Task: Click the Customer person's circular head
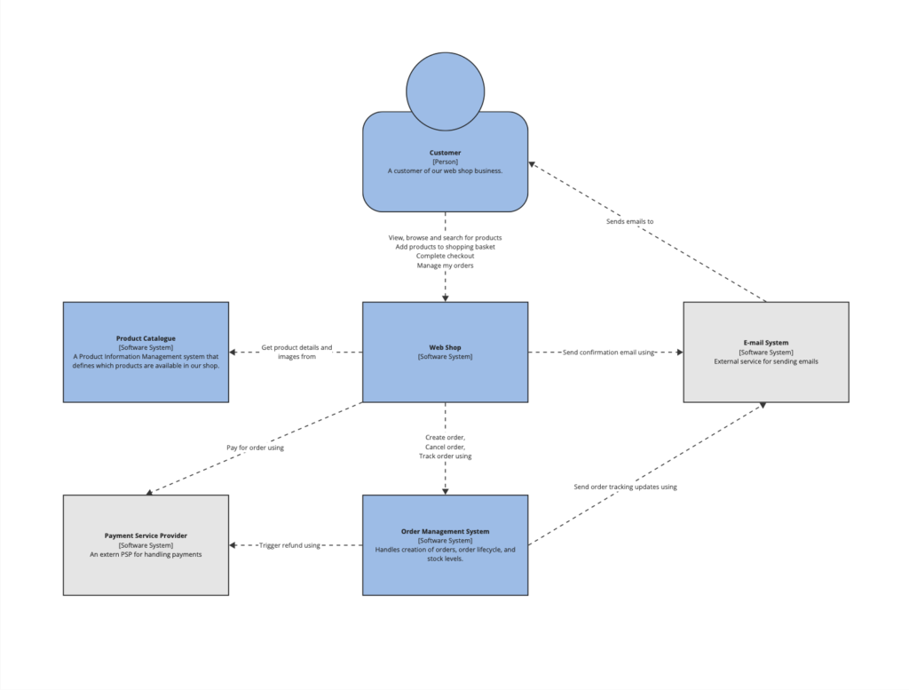point(445,91)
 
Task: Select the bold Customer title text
point(445,153)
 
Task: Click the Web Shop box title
point(445,347)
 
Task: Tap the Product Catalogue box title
point(146,338)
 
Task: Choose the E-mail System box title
point(765,343)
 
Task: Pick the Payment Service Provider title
point(146,535)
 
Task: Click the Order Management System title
point(445,531)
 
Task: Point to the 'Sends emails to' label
point(629,221)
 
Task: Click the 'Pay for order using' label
point(255,448)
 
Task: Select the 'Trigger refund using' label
point(289,545)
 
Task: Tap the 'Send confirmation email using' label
point(608,353)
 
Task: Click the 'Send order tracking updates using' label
point(625,487)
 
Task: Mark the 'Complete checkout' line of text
point(445,256)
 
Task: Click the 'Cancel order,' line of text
point(445,447)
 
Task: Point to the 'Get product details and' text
point(296,347)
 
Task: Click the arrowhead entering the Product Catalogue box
point(233,353)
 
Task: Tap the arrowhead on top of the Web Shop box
point(445,297)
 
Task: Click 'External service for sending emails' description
point(765,361)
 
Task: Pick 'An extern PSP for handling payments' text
point(146,554)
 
